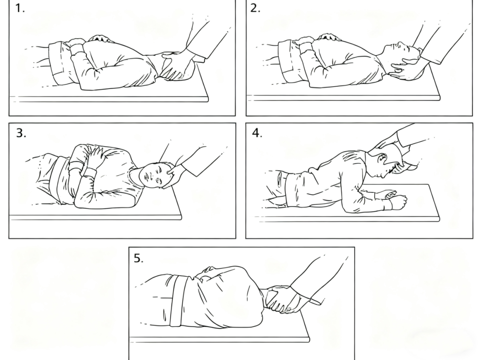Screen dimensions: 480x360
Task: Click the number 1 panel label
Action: click(x=20, y=8)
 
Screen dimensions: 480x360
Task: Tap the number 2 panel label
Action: click(x=255, y=8)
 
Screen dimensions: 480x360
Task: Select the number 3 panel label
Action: click(x=21, y=133)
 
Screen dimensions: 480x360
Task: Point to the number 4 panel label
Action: click(x=257, y=133)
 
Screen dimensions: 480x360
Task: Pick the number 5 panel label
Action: click(x=138, y=258)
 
